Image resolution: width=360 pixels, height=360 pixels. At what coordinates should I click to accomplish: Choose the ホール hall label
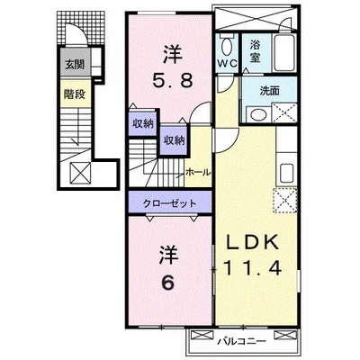(x=198, y=171)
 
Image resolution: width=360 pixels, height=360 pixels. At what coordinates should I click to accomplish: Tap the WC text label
(x=227, y=63)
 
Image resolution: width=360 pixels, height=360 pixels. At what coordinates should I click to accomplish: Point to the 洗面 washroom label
(x=269, y=90)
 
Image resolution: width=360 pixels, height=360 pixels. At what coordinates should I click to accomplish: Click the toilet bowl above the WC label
(x=226, y=43)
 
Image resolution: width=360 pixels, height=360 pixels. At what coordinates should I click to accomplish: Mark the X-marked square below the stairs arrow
(x=79, y=173)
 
